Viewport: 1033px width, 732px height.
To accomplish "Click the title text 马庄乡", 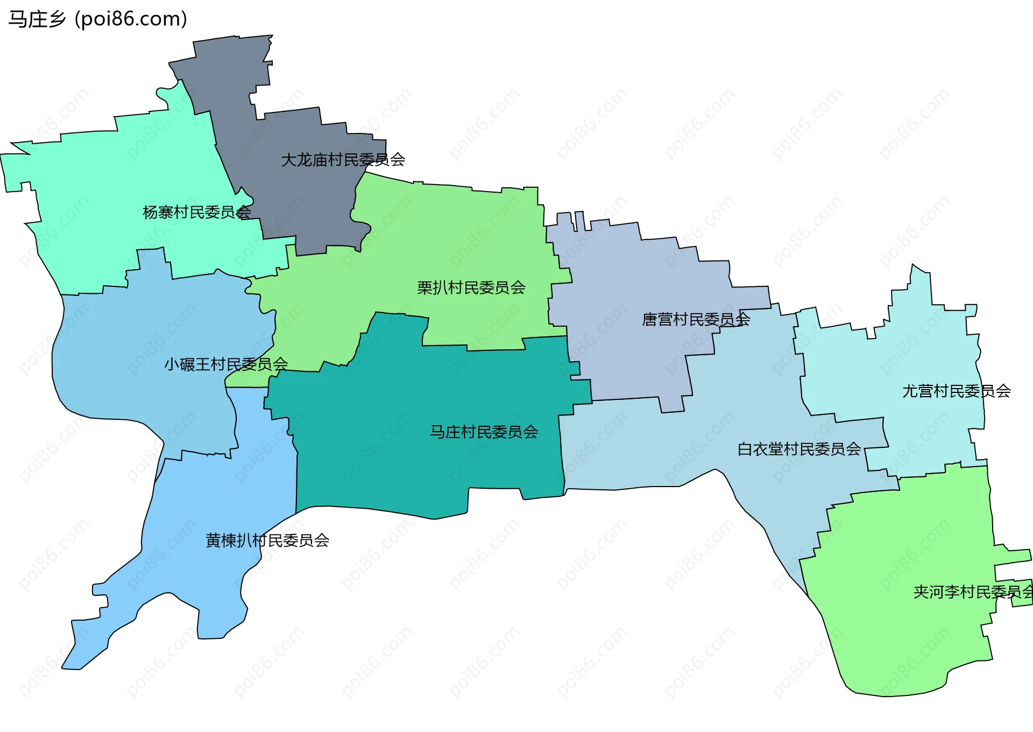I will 37,19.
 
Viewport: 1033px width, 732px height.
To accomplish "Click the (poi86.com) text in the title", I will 131,19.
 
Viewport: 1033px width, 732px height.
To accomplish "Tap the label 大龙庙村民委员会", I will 343,160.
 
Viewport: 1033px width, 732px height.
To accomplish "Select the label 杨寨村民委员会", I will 196,213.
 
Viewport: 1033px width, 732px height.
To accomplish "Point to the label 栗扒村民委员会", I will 471,288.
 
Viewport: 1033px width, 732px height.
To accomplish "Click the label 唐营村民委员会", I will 696,320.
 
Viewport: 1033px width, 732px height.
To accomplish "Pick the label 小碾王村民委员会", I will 226,364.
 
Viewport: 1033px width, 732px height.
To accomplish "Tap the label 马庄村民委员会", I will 484,432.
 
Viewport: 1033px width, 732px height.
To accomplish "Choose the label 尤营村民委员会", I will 956,391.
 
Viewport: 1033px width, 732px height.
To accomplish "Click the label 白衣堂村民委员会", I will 799,449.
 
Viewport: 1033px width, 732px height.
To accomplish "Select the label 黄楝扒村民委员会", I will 267,540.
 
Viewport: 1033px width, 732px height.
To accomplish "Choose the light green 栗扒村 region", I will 457,237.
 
